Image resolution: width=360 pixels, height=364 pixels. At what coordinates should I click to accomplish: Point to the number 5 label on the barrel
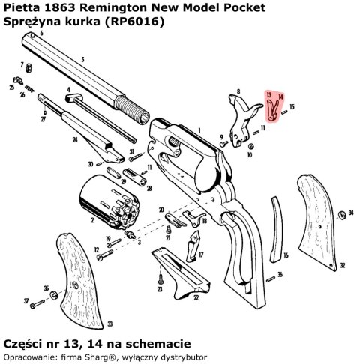pyautogui.click(x=82, y=59)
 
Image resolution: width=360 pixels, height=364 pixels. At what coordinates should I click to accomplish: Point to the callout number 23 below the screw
pyautogui.click(x=160, y=288)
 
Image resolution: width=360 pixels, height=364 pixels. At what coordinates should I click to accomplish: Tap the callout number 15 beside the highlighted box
pyautogui.click(x=292, y=108)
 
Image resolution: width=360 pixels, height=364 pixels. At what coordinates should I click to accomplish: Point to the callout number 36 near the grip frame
pyautogui.click(x=280, y=275)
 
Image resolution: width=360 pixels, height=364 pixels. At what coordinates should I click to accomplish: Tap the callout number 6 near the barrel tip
pyautogui.click(x=42, y=34)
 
